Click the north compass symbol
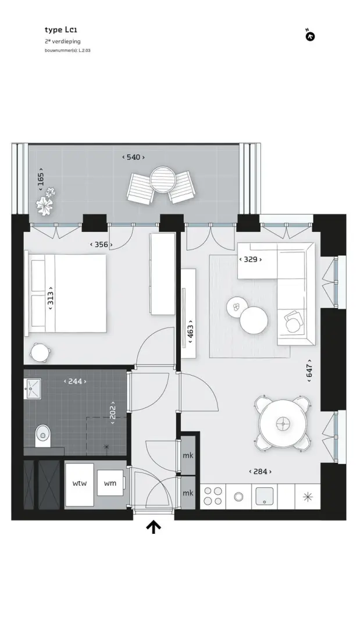310,37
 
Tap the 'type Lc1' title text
60,30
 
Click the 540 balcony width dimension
133,157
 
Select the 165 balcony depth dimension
41,180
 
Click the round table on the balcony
163,179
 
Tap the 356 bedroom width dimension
101,245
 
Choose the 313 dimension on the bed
51,298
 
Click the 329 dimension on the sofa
251,259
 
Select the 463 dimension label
190,331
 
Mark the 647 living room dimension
309,370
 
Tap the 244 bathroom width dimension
76,381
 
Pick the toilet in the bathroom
42,436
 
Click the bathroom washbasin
33,389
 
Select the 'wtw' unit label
79,483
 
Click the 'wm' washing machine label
110,483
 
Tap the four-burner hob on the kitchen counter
213,496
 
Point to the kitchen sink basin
264,496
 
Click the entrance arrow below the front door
154,527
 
